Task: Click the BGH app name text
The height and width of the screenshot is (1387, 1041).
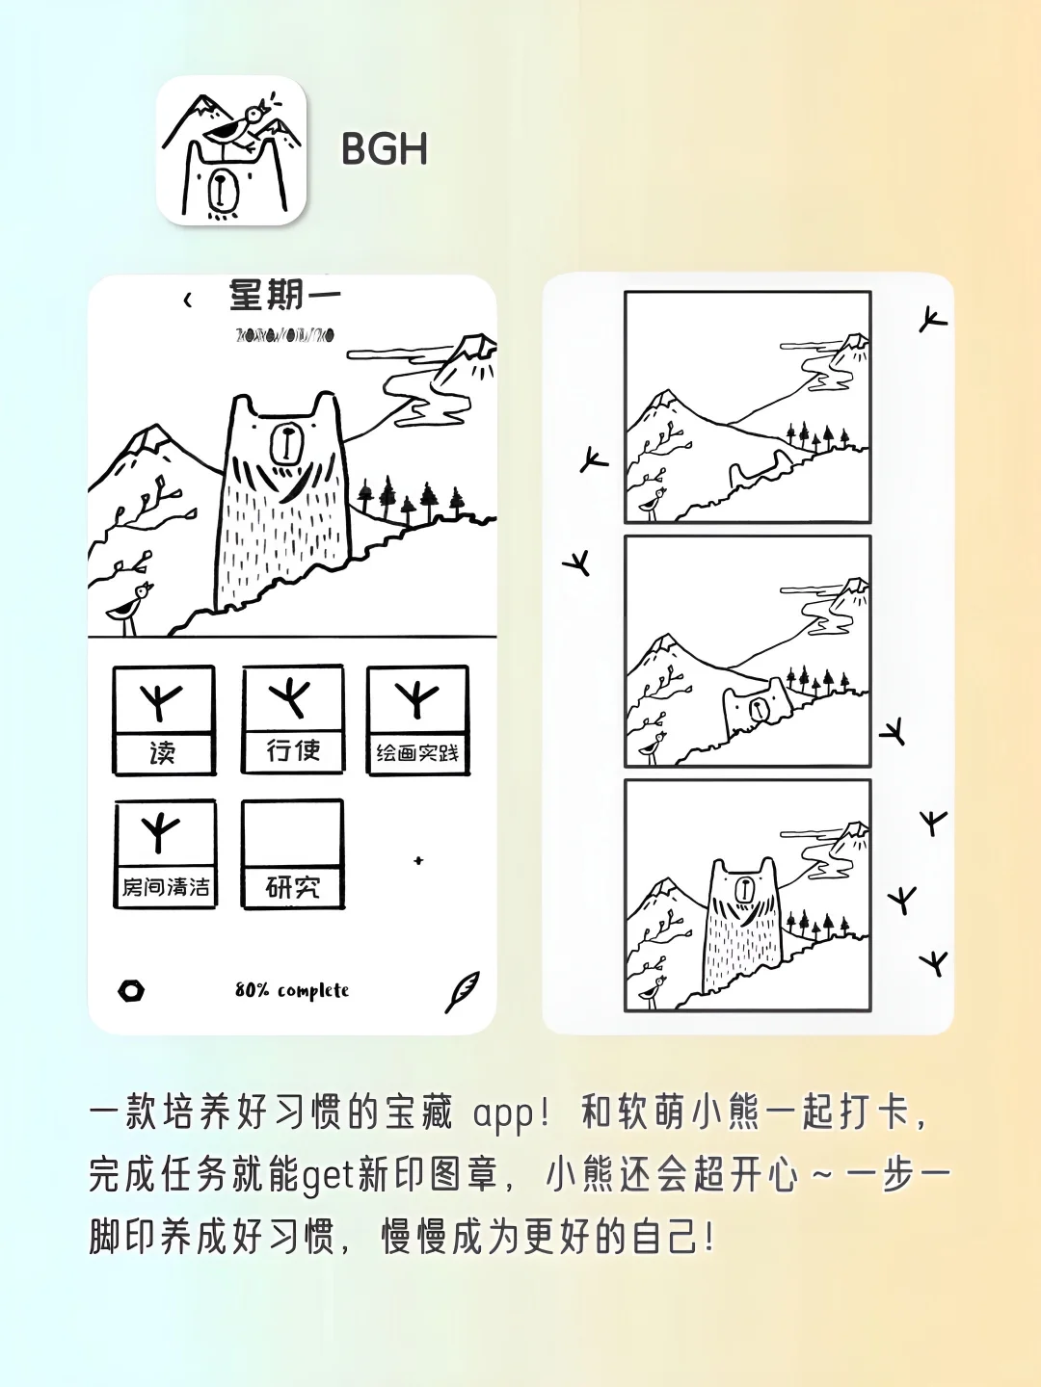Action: click(384, 150)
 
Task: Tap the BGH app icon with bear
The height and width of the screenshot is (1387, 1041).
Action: click(231, 151)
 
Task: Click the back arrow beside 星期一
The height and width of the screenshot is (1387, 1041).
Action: click(188, 301)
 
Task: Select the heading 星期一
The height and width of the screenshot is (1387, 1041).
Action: click(284, 296)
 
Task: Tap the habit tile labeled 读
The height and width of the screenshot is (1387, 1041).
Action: click(164, 720)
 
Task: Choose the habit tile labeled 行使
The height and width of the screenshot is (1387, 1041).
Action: click(292, 719)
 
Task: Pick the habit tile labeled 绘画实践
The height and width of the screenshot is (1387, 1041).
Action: click(417, 720)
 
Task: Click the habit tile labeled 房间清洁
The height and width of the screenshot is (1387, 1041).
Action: click(165, 853)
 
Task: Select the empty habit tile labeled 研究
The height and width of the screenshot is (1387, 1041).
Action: click(292, 853)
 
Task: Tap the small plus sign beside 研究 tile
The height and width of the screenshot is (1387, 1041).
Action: click(418, 860)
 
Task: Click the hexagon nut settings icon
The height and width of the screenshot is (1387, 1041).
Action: click(131, 990)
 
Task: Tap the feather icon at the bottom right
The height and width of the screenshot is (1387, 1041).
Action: click(462, 991)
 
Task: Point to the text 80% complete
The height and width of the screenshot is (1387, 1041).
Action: click(292, 990)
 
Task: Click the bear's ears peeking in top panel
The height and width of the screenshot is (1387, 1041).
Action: click(759, 472)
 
